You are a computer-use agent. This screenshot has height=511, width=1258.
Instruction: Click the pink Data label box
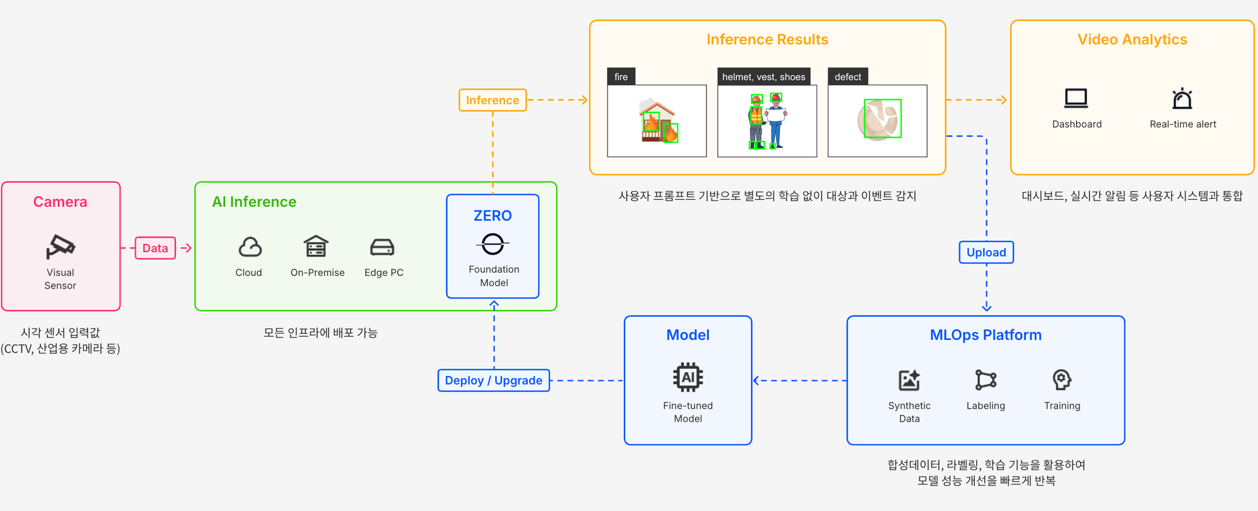pyautogui.click(x=155, y=248)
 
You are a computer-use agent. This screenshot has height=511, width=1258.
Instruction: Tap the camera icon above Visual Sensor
pyautogui.click(x=60, y=246)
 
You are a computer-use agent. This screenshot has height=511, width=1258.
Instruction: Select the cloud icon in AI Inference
pyautogui.click(x=250, y=247)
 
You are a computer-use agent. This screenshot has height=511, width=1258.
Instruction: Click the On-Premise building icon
pyautogui.click(x=316, y=246)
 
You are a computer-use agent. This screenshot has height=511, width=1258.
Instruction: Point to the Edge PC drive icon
pyautogui.click(x=382, y=247)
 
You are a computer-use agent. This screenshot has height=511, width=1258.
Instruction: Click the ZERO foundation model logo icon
pyautogui.click(x=493, y=244)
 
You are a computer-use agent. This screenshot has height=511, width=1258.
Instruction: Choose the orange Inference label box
pyautogui.click(x=493, y=101)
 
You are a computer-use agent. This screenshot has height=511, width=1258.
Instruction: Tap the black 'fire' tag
pyautogui.click(x=621, y=77)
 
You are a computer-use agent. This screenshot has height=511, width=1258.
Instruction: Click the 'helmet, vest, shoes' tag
pyautogui.click(x=764, y=77)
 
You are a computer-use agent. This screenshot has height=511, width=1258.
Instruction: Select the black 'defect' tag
pyautogui.click(x=848, y=77)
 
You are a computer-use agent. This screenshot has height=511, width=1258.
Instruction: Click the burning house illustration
pyautogui.click(x=658, y=121)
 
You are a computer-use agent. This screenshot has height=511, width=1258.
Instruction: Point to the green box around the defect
pyautogui.click(x=882, y=118)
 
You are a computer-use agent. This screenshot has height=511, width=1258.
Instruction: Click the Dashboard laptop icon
pyautogui.click(x=1076, y=99)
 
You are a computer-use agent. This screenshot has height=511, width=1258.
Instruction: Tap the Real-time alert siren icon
pyautogui.click(x=1183, y=99)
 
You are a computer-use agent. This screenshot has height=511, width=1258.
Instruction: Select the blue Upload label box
pyautogui.click(x=986, y=253)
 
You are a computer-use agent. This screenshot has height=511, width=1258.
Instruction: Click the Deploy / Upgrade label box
pyautogui.click(x=494, y=381)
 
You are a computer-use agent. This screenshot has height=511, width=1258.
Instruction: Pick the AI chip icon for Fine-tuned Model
pyautogui.click(x=688, y=377)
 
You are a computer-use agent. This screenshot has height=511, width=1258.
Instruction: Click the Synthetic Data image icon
pyautogui.click(x=910, y=380)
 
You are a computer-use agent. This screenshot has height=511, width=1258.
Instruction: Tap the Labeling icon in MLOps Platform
pyautogui.click(x=986, y=380)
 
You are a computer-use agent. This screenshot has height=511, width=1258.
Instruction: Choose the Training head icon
pyautogui.click(x=1062, y=380)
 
